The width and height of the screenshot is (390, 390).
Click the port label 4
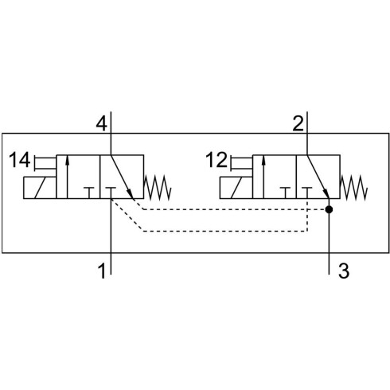(x=102, y=124)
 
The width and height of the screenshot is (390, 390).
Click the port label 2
(x=298, y=124)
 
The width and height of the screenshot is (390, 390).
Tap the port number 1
(x=102, y=271)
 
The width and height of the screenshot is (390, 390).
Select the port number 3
(x=344, y=271)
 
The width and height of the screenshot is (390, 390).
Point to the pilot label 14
(x=19, y=160)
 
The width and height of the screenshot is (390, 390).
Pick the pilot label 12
(x=216, y=160)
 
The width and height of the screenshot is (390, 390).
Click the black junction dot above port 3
(x=329, y=209)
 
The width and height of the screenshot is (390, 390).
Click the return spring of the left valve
(x=158, y=188)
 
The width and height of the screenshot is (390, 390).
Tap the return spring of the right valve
(x=353, y=188)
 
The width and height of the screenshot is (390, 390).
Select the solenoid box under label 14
(x=40, y=188)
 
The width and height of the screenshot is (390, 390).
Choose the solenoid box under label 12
(x=236, y=188)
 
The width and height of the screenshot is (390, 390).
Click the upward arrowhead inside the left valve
(x=67, y=161)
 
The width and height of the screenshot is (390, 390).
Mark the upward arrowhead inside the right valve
(x=263, y=161)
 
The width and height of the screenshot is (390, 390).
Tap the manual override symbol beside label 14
(x=45, y=163)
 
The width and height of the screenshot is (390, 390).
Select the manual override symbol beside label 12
(x=242, y=163)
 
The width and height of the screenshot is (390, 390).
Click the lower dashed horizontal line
(x=225, y=232)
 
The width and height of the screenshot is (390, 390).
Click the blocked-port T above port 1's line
(x=111, y=193)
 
